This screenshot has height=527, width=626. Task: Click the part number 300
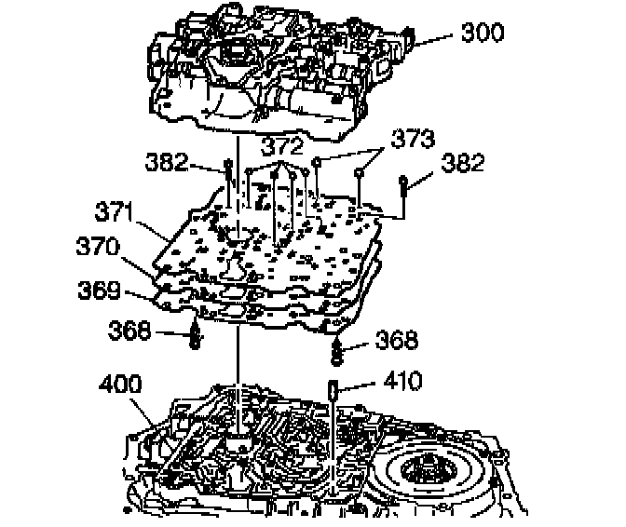click(x=483, y=34)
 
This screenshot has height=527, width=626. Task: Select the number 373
click(x=413, y=141)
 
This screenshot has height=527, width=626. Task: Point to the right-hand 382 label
click(x=462, y=162)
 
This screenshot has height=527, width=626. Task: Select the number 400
click(x=124, y=384)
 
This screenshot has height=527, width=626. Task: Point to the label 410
click(x=401, y=380)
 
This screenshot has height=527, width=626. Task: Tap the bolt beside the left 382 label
click(x=227, y=177)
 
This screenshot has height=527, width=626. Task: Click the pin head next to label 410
click(x=333, y=389)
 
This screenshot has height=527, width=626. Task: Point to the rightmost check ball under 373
click(x=360, y=173)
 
